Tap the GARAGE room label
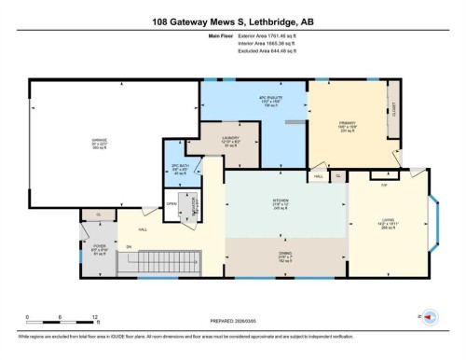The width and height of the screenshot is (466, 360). point(99,144)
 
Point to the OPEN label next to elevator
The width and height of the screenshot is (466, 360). point(171,204)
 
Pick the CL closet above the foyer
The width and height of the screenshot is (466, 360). point(98,215)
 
